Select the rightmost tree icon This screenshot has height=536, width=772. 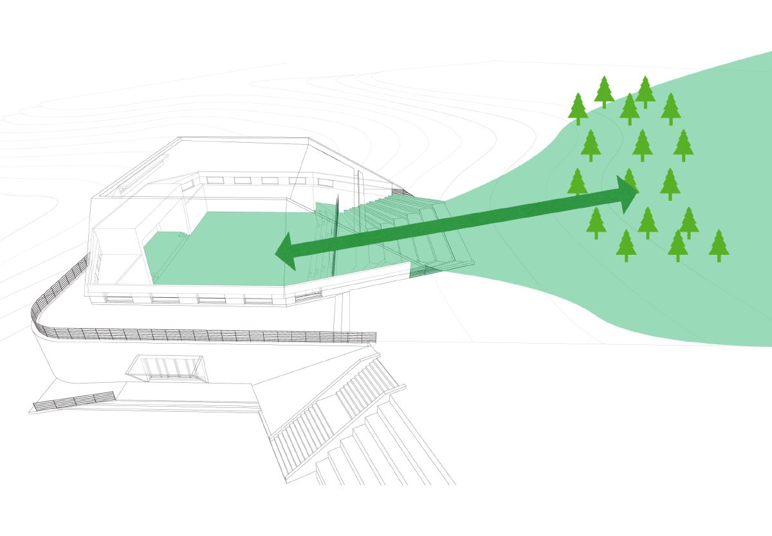click(x=719, y=245)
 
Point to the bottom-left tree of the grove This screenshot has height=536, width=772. click(x=596, y=222)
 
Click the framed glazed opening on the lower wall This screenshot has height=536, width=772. click(x=166, y=367)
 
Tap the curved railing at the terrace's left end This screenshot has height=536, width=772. click(x=48, y=302)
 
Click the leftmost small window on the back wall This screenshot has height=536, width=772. click(x=215, y=180)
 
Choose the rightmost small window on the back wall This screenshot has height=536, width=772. click(x=325, y=182)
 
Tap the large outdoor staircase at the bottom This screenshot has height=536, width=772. click(x=360, y=431)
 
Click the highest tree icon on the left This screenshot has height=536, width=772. click(x=604, y=90)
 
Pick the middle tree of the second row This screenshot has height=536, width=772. click(x=642, y=144)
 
